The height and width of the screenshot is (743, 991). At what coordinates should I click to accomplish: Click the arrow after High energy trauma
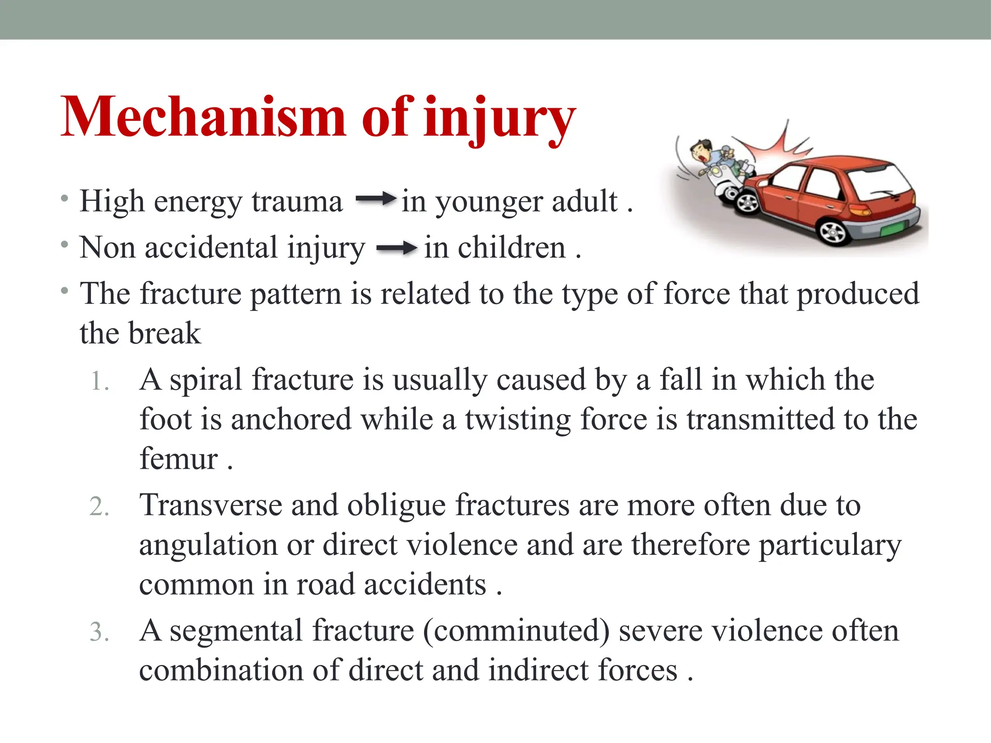click(x=375, y=198)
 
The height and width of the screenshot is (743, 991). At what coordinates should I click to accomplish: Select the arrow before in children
click(x=396, y=249)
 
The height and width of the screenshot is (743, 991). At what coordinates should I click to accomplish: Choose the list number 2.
click(x=100, y=507)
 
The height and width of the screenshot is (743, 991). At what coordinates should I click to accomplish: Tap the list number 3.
click(x=100, y=632)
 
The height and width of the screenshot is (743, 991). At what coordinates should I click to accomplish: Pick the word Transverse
click(x=211, y=505)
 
